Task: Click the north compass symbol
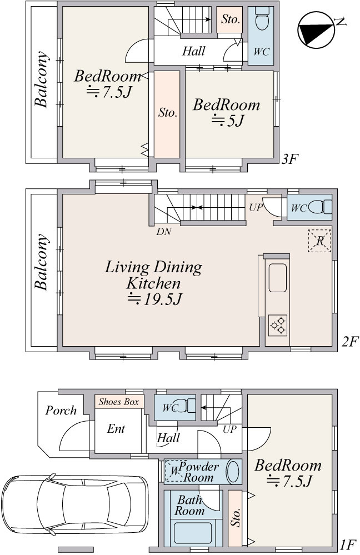tap(316, 30)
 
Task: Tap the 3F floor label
tap(288, 159)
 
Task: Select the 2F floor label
tap(350, 342)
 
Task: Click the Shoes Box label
tap(118, 402)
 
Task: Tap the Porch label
tap(61, 410)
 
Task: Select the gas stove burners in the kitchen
tap(277, 325)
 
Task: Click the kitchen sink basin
tap(278, 278)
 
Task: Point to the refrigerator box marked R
tap(319, 241)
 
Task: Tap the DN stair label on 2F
tap(164, 232)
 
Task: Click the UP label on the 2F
tap(256, 207)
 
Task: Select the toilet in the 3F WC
tap(262, 19)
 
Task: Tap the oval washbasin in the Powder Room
tap(233, 471)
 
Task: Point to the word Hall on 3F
tap(194, 51)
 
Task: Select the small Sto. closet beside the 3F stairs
tap(229, 20)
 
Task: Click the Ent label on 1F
tap(116, 429)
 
